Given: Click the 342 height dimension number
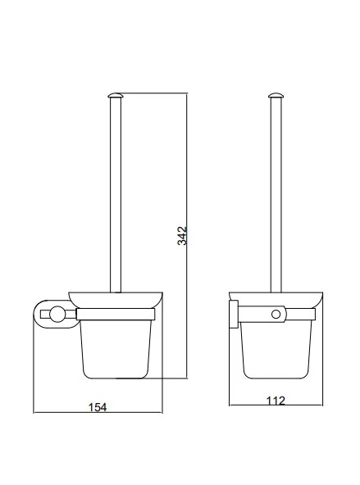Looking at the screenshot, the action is [x=182, y=236].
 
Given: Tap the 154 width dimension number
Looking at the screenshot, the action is [x=98, y=407].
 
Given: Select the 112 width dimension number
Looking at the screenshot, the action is [x=276, y=401].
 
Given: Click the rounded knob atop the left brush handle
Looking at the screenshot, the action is [x=116, y=95].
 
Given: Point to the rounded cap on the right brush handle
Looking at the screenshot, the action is [x=276, y=95].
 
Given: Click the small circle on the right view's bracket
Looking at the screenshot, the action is [x=276, y=315].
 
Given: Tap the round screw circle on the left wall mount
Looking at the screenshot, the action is [x=57, y=315].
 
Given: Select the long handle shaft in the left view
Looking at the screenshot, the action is [x=116, y=195].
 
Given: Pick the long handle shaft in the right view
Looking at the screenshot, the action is [x=276, y=195].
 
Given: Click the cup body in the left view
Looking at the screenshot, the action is [x=116, y=349].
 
